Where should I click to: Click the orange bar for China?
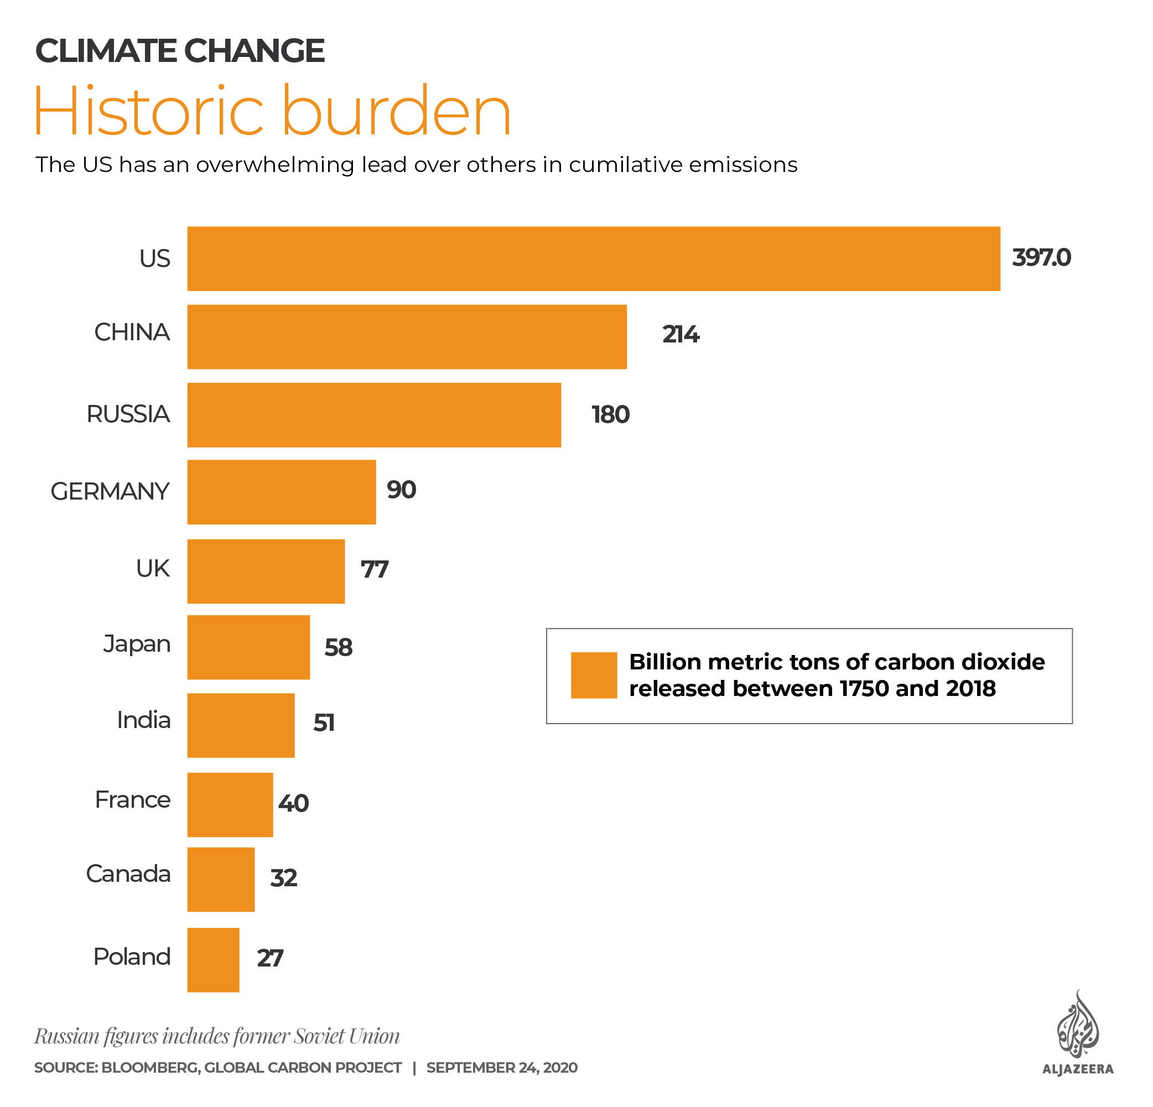click(x=407, y=336)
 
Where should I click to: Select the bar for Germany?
click(x=281, y=492)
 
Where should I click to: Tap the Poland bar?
click(x=213, y=959)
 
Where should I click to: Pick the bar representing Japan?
click(x=248, y=647)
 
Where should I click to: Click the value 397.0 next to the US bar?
click(x=1041, y=258)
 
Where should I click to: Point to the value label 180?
click(x=610, y=415)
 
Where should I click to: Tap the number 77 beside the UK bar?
click(x=374, y=569)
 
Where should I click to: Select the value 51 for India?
click(x=324, y=723)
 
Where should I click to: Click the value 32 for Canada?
click(x=283, y=878)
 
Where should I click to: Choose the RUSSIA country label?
click(x=128, y=414)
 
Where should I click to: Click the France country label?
click(x=132, y=800)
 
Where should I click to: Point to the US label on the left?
click(x=154, y=259)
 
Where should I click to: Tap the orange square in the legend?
click(x=594, y=675)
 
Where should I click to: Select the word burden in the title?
click(x=397, y=112)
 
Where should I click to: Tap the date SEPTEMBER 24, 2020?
click(x=502, y=1068)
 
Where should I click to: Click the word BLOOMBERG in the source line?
click(x=149, y=1068)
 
